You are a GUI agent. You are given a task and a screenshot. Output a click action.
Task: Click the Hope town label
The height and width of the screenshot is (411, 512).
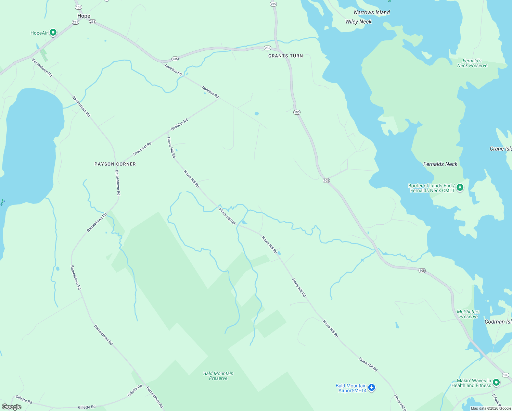84,16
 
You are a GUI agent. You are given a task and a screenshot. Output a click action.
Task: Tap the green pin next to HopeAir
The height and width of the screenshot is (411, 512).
53,33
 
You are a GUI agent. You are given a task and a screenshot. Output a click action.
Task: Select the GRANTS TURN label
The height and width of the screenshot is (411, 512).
285,56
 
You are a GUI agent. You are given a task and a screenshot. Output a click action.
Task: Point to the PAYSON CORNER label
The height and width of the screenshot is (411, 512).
115,164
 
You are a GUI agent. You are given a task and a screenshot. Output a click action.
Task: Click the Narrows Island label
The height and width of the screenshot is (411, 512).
372,12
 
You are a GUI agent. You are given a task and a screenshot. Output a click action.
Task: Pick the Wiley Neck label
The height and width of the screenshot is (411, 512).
358,22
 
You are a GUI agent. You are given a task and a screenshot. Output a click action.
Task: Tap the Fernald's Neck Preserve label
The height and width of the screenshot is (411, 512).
472,63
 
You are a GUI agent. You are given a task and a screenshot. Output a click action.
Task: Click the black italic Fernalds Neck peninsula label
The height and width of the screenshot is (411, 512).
440,164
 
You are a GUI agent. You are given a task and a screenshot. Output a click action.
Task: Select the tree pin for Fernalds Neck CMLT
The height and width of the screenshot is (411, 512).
460,187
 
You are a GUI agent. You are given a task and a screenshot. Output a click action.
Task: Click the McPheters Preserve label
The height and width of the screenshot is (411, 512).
468,314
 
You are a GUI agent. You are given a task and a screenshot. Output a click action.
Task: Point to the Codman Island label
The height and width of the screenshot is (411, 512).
498,322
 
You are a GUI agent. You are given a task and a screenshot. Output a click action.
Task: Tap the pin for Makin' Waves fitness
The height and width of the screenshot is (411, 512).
496,382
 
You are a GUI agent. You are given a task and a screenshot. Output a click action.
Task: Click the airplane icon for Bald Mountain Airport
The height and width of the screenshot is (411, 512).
372,388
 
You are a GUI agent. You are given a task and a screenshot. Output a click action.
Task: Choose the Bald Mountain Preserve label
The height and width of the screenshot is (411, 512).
218,376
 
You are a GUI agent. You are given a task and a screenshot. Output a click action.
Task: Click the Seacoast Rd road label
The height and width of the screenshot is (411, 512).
142,149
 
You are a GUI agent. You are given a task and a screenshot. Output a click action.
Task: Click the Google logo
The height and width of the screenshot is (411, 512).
12,407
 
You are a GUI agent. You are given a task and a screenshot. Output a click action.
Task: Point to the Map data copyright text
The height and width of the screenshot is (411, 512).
491,408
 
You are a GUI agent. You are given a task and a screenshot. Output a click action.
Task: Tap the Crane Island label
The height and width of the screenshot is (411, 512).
501,149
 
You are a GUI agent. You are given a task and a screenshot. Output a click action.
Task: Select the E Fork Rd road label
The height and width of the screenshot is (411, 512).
496,400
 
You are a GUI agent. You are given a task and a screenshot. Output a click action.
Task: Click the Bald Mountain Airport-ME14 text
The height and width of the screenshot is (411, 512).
351,388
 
